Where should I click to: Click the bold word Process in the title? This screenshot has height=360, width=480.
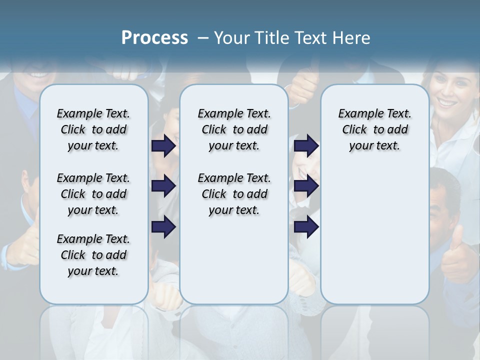(x=154, y=37)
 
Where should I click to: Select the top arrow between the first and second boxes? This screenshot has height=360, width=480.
(x=163, y=145)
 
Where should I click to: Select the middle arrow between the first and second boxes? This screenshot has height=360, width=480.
(x=163, y=186)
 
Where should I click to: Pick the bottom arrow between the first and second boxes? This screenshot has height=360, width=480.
(x=163, y=227)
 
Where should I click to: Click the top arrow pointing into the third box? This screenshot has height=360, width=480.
(x=306, y=145)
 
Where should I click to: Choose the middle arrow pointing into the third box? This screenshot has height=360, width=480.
(x=306, y=186)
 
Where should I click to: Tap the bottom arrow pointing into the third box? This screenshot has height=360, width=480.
(x=306, y=227)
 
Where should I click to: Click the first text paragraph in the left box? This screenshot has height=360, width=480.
(x=93, y=129)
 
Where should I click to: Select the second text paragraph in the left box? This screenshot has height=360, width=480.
(x=93, y=194)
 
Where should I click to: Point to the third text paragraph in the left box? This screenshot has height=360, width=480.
(x=93, y=255)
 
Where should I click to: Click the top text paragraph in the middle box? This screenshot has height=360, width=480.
(x=234, y=129)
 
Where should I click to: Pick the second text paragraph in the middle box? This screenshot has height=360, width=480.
(x=234, y=194)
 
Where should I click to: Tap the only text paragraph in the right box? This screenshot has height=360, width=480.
(x=374, y=129)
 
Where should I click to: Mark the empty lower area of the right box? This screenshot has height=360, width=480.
(x=374, y=235)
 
